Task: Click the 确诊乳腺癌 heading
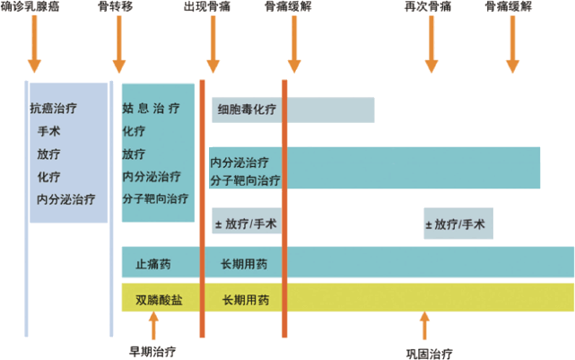coord(35,7)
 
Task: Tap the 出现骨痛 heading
coord(213,7)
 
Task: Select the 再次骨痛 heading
coord(431,7)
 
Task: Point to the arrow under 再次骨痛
coord(431,44)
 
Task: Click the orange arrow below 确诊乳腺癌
coord(35,44)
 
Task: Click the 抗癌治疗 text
coord(53,108)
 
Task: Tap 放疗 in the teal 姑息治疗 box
coord(134,153)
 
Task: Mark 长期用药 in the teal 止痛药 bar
coord(244,264)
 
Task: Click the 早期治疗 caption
coord(153,347)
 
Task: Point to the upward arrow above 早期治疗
coord(153,324)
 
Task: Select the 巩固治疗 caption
coord(429,351)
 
